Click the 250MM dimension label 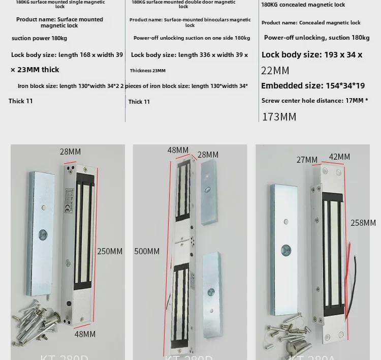click(110, 251)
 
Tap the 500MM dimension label click(147, 251)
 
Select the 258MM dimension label click(363, 223)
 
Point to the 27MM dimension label click(307, 160)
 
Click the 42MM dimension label click(339, 157)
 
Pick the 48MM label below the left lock click(85, 334)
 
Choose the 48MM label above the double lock click(178, 150)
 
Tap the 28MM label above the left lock click(70, 152)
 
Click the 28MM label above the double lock click(208, 155)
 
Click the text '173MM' click(279, 117)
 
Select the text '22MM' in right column click(275, 71)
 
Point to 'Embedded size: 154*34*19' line click(313, 86)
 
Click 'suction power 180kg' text click(39, 38)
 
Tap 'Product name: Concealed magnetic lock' click(311, 23)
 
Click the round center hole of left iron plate click(43, 235)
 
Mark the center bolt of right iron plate click(287, 250)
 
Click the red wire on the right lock click(350, 259)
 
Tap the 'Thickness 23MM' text click(148, 71)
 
